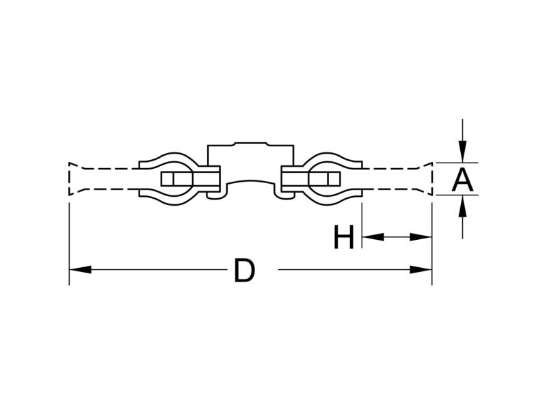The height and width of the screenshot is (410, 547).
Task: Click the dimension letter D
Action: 245,270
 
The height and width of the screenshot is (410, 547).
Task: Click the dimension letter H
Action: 344,237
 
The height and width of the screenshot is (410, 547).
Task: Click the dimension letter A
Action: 463,180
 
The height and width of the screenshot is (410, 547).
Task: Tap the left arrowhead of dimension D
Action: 80,269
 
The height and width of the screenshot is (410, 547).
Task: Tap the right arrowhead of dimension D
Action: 421,269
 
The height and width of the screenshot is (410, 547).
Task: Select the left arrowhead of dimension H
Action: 373,237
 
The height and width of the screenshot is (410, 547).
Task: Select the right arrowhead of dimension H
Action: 421,237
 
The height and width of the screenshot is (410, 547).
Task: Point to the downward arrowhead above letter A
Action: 463,151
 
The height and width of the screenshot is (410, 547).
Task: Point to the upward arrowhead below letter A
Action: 463,206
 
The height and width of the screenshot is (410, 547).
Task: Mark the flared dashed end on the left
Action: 77,179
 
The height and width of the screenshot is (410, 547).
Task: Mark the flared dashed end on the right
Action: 425,179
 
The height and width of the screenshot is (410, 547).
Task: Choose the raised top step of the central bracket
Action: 251,143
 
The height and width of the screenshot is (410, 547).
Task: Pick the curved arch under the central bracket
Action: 251,182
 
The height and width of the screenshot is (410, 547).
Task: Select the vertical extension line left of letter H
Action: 362,225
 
